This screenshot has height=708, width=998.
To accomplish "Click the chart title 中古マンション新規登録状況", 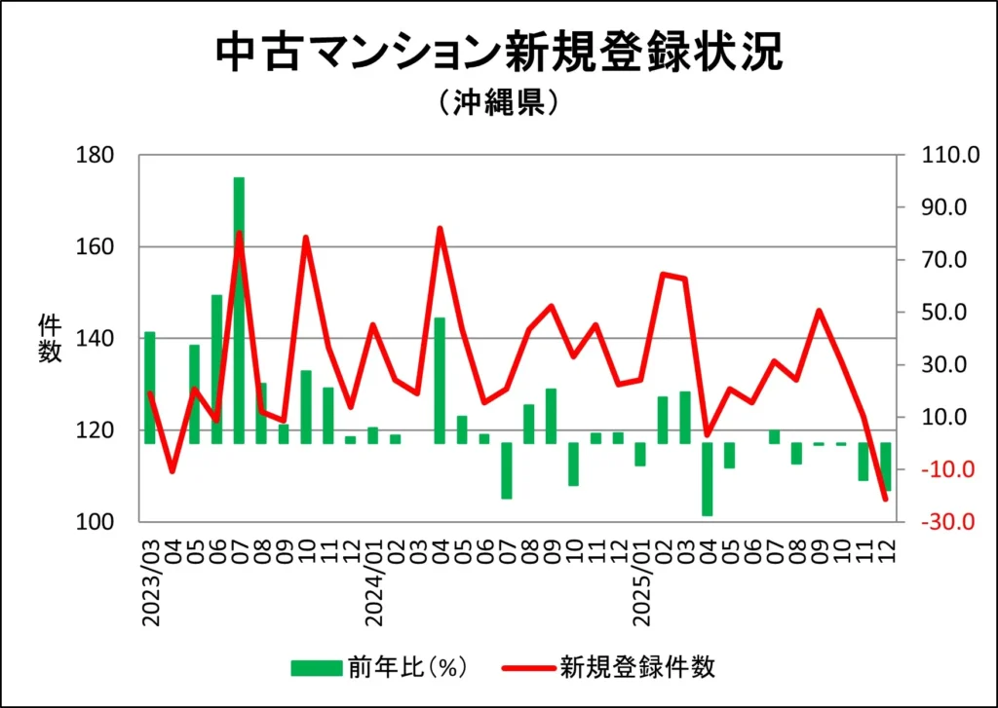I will (498, 55).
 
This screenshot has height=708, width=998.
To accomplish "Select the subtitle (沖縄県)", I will (498, 102).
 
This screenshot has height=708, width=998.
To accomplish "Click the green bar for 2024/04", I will (440, 380).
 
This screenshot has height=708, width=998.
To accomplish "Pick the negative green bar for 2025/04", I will (707, 479).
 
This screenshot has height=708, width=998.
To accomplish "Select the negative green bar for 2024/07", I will (507, 470).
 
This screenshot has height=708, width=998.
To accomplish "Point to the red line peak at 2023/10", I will (306, 238).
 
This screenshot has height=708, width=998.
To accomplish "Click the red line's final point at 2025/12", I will (885, 500).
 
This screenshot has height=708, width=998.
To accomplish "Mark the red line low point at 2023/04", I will (173, 471).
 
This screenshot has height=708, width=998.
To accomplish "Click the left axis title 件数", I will (50, 338).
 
